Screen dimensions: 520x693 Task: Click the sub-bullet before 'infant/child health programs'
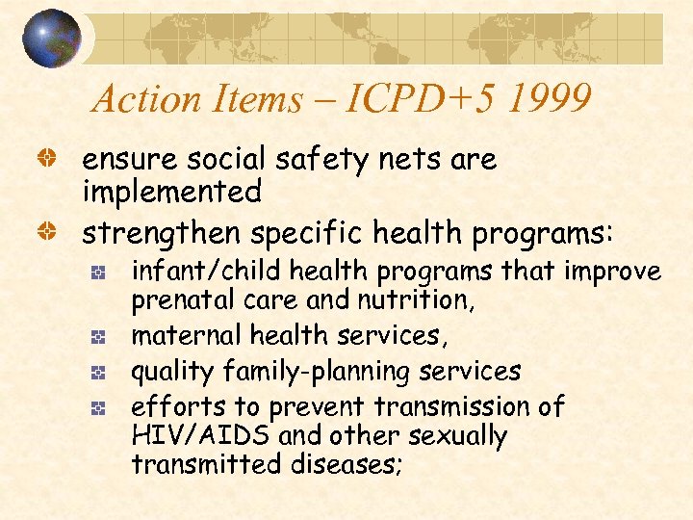pyautogui.click(x=97, y=273)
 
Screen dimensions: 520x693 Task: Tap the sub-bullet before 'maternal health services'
pyautogui.click(x=97, y=337)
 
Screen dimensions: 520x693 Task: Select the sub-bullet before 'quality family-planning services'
pyautogui.click(x=97, y=372)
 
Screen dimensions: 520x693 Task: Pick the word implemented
pyautogui.click(x=171, y=192)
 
